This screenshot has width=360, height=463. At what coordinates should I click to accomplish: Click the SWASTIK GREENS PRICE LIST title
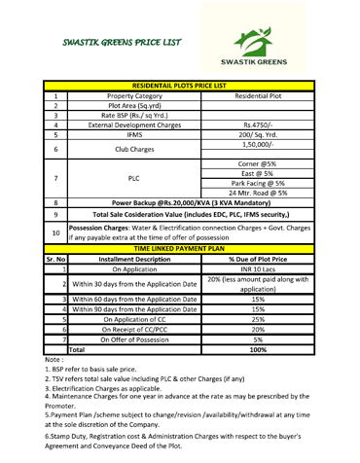coord(109,43)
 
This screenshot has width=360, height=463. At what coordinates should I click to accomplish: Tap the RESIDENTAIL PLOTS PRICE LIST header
coord(181,85)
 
